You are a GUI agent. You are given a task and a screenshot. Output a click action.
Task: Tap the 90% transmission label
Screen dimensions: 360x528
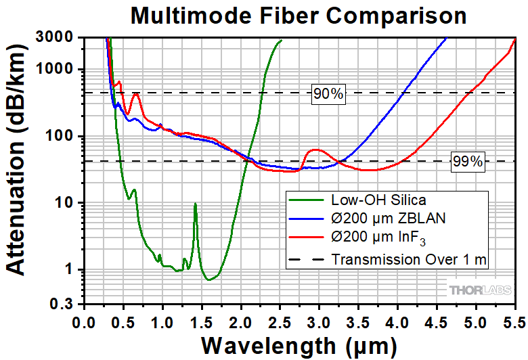tap(328, 93)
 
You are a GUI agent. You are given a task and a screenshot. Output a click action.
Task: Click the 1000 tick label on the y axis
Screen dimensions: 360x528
tap(61, 70)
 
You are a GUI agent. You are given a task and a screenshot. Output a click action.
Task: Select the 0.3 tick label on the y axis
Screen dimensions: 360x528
tap(66, 305)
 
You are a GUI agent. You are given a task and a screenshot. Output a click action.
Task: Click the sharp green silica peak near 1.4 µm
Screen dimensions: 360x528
tap(195, 204)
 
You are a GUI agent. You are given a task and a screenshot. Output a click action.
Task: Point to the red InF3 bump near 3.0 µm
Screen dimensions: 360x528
tap(315, 150)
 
